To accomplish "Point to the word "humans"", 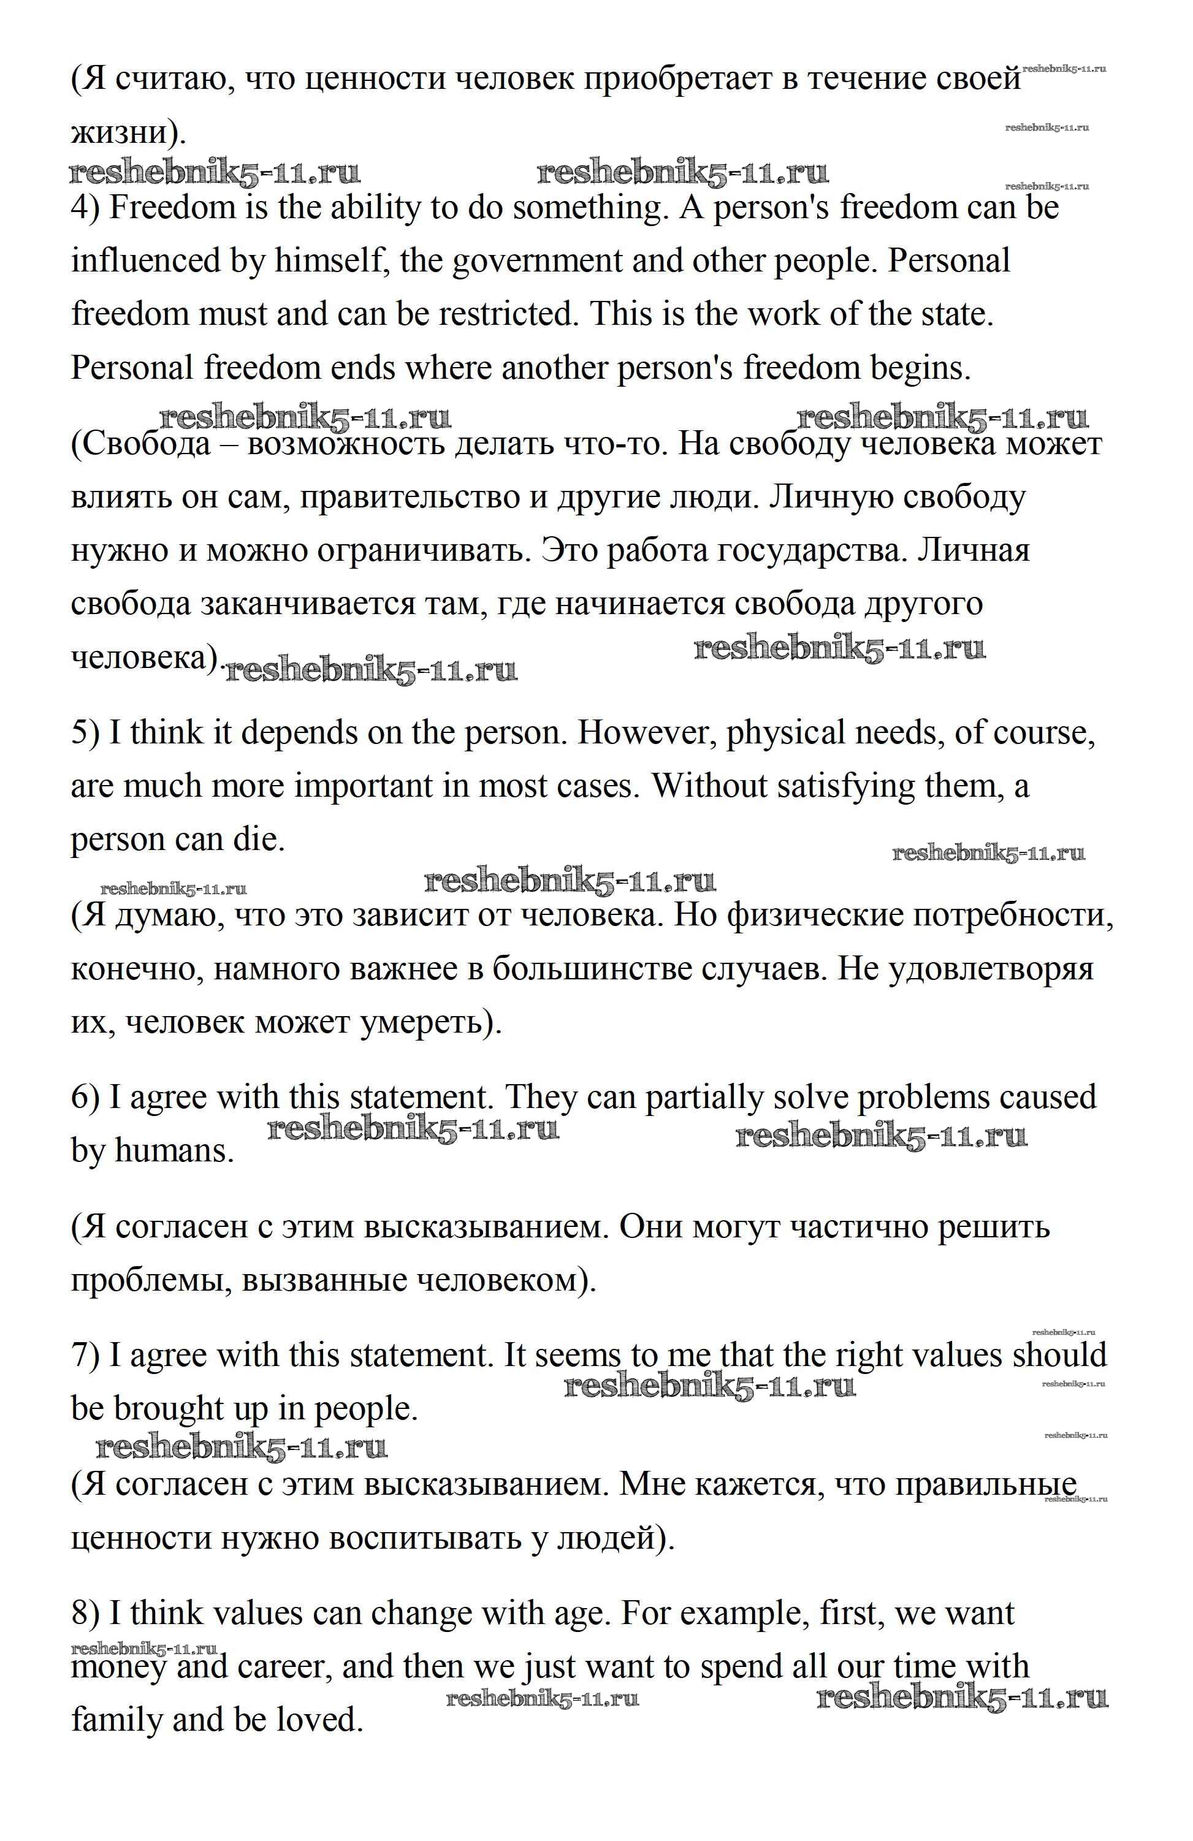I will pyautogui.click(x=174, y=1152).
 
